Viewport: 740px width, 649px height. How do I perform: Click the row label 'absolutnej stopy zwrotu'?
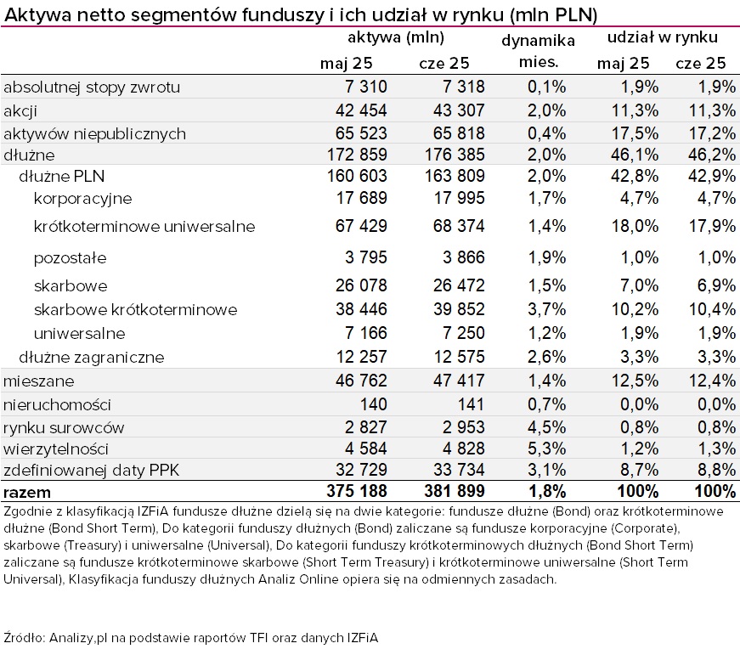pos(92,87)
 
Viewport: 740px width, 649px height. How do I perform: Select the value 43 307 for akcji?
pos(459,110)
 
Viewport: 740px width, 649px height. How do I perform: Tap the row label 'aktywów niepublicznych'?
pos(94,134)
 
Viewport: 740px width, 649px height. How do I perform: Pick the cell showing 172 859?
pos(357,155)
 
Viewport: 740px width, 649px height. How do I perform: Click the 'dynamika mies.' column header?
pos(538,51)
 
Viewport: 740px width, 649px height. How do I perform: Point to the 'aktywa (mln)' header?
pos(396,37)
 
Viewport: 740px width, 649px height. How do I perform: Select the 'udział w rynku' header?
pos(662,37)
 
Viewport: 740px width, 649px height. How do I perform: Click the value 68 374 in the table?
pos(459,226)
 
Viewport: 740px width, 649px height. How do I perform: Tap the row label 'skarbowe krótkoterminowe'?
pos(135,309)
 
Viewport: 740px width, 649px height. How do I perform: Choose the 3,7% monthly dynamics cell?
pos(546,309)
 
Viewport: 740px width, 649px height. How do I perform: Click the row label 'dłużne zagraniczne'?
pos(92,358)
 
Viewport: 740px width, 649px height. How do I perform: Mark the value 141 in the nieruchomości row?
pos(471,404)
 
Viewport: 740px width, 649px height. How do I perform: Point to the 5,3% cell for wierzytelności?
pos(546,449)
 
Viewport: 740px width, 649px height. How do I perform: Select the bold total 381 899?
pos(454,491)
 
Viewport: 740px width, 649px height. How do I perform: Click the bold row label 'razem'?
pos(27,493)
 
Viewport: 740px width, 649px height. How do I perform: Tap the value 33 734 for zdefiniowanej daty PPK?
pos(459,470)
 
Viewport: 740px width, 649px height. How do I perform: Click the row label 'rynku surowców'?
pos(64,427)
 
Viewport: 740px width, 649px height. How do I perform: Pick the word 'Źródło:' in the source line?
pos(24,638)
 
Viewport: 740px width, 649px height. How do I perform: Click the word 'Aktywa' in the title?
pos(37,15)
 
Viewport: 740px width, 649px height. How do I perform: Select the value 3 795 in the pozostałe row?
pos(366,257)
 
